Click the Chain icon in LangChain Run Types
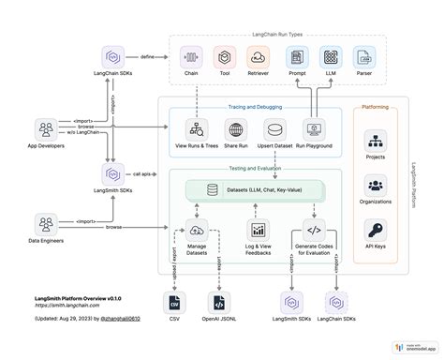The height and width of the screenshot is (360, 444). pyautogui.click(x=190, y=57)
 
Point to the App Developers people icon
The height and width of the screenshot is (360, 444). pyautogui.click(x=44, y=128)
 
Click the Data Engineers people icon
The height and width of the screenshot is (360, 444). pyautogui.click(x=44, y=225)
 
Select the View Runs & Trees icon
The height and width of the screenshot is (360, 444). pyautogui.click(x=196, y=130)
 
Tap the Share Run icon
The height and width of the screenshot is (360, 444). pyautogui.click(x=235, y=130)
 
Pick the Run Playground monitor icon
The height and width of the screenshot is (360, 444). pyautogui.click(x=315, y=130)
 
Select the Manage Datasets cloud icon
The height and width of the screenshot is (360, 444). pyautogui.click(x=197, y=231)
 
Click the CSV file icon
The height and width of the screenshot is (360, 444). pyautogui.click(x=173, y=302)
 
